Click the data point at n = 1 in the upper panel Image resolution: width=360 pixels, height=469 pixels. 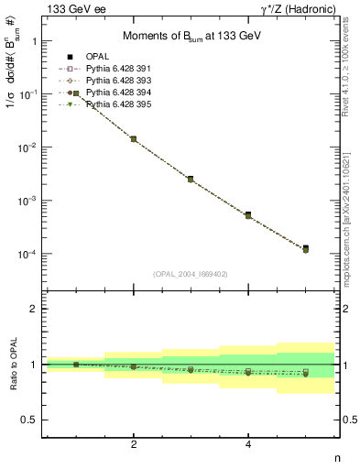(76, 93)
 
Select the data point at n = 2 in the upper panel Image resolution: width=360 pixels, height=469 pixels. (134, 139)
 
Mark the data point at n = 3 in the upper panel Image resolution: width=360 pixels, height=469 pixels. (191, 179)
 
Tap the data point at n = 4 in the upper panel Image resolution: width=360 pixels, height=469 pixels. (248, 214)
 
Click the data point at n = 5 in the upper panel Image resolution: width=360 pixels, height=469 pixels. (305, 248)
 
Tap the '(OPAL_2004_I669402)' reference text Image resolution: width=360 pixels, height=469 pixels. (190, 273)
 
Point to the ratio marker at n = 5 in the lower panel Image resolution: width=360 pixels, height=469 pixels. (305, 373)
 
